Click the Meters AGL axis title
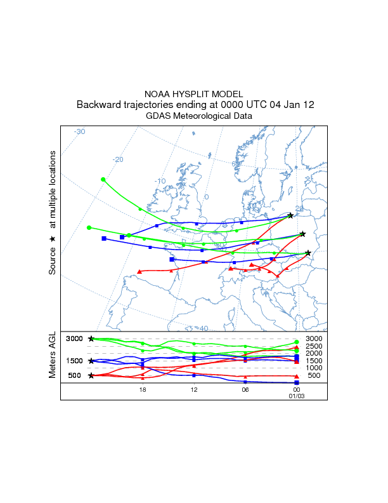point(53,355)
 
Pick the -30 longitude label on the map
point(79,131)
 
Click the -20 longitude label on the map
point(117,159)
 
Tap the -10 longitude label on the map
point(160,181)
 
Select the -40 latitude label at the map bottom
point(202,328)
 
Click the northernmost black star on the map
point(290,216)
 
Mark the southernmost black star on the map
point(308,253)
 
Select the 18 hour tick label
point(143,389)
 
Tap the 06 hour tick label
point(245,389)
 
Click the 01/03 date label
point(297,396)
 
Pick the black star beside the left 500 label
point(91,375)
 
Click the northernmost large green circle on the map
point(103,179)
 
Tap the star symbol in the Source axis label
point(53,239)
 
